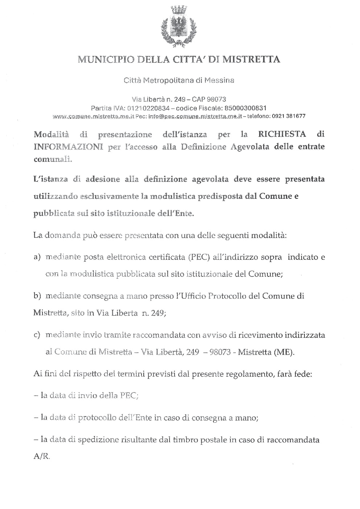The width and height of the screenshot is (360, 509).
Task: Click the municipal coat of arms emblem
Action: pyautogui.click(x=179, y=27)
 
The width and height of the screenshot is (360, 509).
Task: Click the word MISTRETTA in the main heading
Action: pyautogui.click(x=251, y=59)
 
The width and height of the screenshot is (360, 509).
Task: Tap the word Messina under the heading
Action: pyautogui.click(x=219, y=80)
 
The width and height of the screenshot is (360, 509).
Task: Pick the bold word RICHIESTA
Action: pyautogui.click(x=282, y=134)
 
